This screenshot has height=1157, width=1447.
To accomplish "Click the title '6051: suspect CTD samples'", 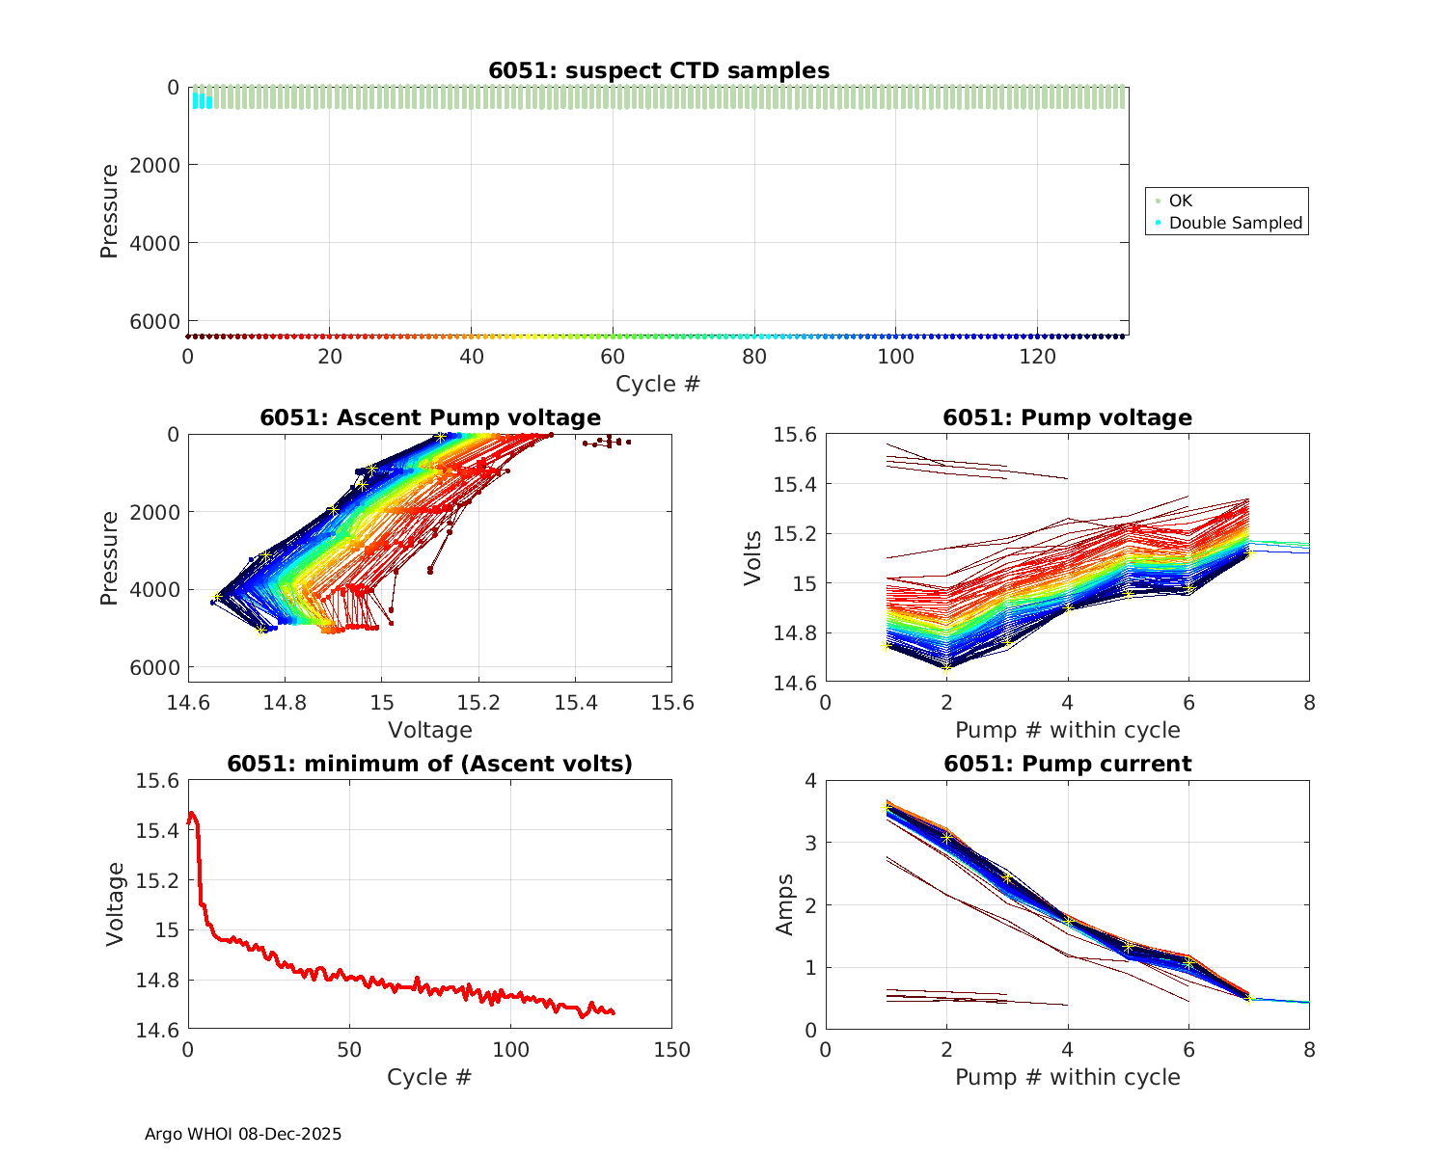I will [658, 70].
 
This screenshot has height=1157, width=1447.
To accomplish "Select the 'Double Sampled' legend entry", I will [1235, 223].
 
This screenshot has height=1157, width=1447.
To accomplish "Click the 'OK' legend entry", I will [1180, 201].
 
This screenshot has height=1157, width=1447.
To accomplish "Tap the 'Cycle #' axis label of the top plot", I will [658, 384].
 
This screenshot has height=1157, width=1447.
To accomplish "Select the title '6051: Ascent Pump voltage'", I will [430, 417].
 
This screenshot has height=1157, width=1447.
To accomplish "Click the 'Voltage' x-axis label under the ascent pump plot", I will [430, 730].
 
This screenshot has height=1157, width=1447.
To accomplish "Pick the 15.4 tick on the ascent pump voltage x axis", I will [575, 703].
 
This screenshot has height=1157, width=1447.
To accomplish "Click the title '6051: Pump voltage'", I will [1067, 417].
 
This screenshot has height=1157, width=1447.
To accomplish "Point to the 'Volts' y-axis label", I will [753, 558].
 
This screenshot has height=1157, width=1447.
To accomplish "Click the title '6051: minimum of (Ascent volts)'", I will [430, 764].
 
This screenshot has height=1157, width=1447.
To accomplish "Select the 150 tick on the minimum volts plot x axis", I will [671, 1050].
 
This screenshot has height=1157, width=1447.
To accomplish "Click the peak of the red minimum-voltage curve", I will [192, 814].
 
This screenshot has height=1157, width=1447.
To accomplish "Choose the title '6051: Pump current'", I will [1067, 764].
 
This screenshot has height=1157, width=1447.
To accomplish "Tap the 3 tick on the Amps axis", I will [810, 843].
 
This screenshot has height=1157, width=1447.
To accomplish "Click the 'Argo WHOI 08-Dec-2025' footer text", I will [243, 1134].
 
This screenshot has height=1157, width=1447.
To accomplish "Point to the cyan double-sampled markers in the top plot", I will [202, 99].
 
